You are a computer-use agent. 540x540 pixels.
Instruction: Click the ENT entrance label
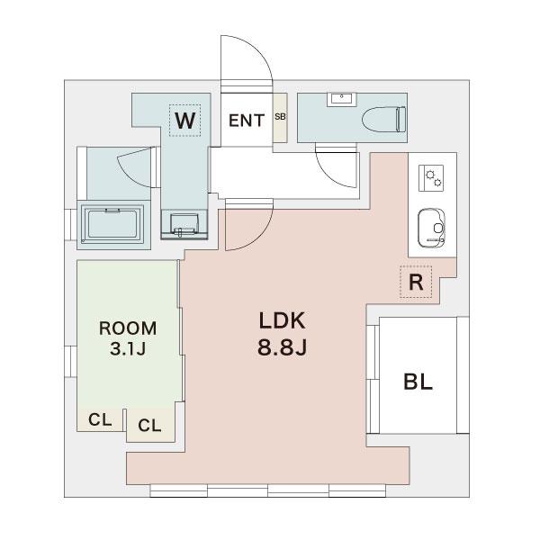click(x=247, y=121)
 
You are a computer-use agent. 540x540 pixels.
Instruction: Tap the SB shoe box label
click(x=280, y=117)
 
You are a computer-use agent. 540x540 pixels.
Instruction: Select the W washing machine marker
click(x=184, y=121)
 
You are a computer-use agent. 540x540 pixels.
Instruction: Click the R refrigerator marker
click(x=416, y=282)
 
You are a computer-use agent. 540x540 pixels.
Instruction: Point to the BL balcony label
click(x=418, y=382)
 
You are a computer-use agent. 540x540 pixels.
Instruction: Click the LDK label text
click(x=282, y=320)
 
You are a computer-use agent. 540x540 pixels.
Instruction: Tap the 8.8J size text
click(x=282, y=347)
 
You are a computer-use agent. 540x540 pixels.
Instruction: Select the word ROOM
click(x=128, y=328)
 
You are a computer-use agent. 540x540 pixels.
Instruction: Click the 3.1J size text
click(x=128, y=348)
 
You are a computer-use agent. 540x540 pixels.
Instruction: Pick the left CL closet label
click(x=100, y=419)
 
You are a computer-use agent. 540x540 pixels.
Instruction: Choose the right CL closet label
click(x=149, y=426)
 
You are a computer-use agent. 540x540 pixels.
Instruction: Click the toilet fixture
click(x=384, y=120)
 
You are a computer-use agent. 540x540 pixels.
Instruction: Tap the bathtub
click(x=113, y=223)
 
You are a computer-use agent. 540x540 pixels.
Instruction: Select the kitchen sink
click(x=431, y=228)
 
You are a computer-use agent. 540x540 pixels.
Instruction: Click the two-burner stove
click(x=431, y=178)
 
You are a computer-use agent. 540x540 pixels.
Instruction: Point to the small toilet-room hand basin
click(x=342, y=99)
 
